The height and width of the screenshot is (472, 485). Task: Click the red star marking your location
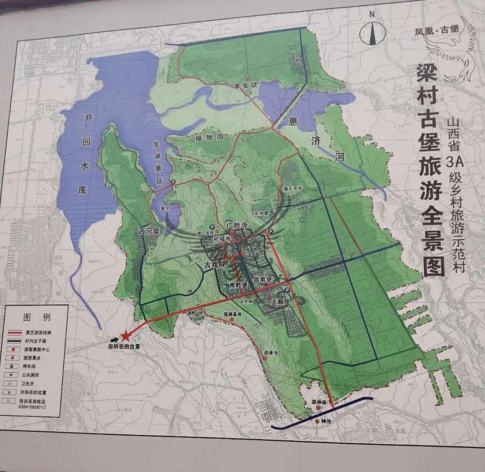pos(126,335)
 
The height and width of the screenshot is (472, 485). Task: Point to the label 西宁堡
pos(150,231)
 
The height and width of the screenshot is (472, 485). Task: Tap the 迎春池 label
pos(272,352)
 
